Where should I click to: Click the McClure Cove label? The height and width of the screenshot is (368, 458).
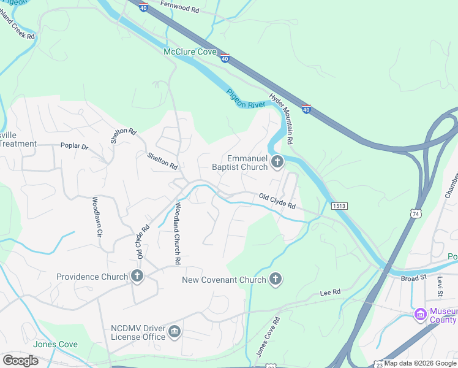point(190,52)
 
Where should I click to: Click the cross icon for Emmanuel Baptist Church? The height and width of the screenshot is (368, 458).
point(277,163)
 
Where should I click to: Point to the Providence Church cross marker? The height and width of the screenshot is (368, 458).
point(137,277)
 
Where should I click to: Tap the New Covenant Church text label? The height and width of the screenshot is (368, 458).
point(224,280)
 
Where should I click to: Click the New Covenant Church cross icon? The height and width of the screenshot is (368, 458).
point(276,280)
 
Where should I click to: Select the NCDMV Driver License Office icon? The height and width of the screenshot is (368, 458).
point(175,332)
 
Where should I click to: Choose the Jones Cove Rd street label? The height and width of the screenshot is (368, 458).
point(268,337)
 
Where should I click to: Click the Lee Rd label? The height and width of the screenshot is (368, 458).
point(330,294)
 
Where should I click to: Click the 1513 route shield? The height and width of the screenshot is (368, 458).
point(340,206)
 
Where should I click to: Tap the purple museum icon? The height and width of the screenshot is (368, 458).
point(420,315)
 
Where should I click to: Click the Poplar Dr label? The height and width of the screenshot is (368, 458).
point(74,147)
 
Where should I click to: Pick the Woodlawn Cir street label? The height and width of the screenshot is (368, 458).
point(97,218)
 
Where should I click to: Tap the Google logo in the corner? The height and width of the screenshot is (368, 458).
point(20,360)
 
